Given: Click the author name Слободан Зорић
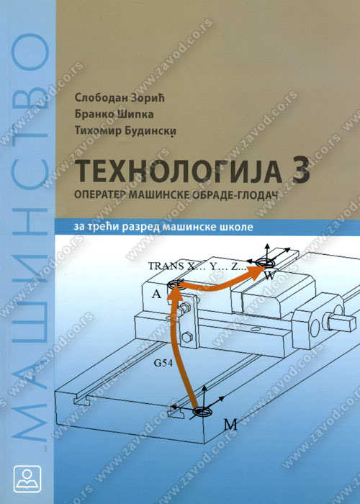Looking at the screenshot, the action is [x=120, y=99].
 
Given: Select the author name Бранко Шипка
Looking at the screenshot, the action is [x=114, y=114].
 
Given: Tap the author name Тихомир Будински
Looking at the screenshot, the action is [x=126, y=131].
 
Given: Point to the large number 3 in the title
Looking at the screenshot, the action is [x=301, y=171].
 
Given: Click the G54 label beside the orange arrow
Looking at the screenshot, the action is [x=162, y=364].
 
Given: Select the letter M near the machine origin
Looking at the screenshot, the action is [x=230, y=426].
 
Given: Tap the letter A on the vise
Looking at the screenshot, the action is [x=156, y=294].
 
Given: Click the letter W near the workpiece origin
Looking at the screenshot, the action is [x=269, y=276].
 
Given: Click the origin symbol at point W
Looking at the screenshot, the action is [x=265, y=263].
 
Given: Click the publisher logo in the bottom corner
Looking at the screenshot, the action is [x=27, y=479].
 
